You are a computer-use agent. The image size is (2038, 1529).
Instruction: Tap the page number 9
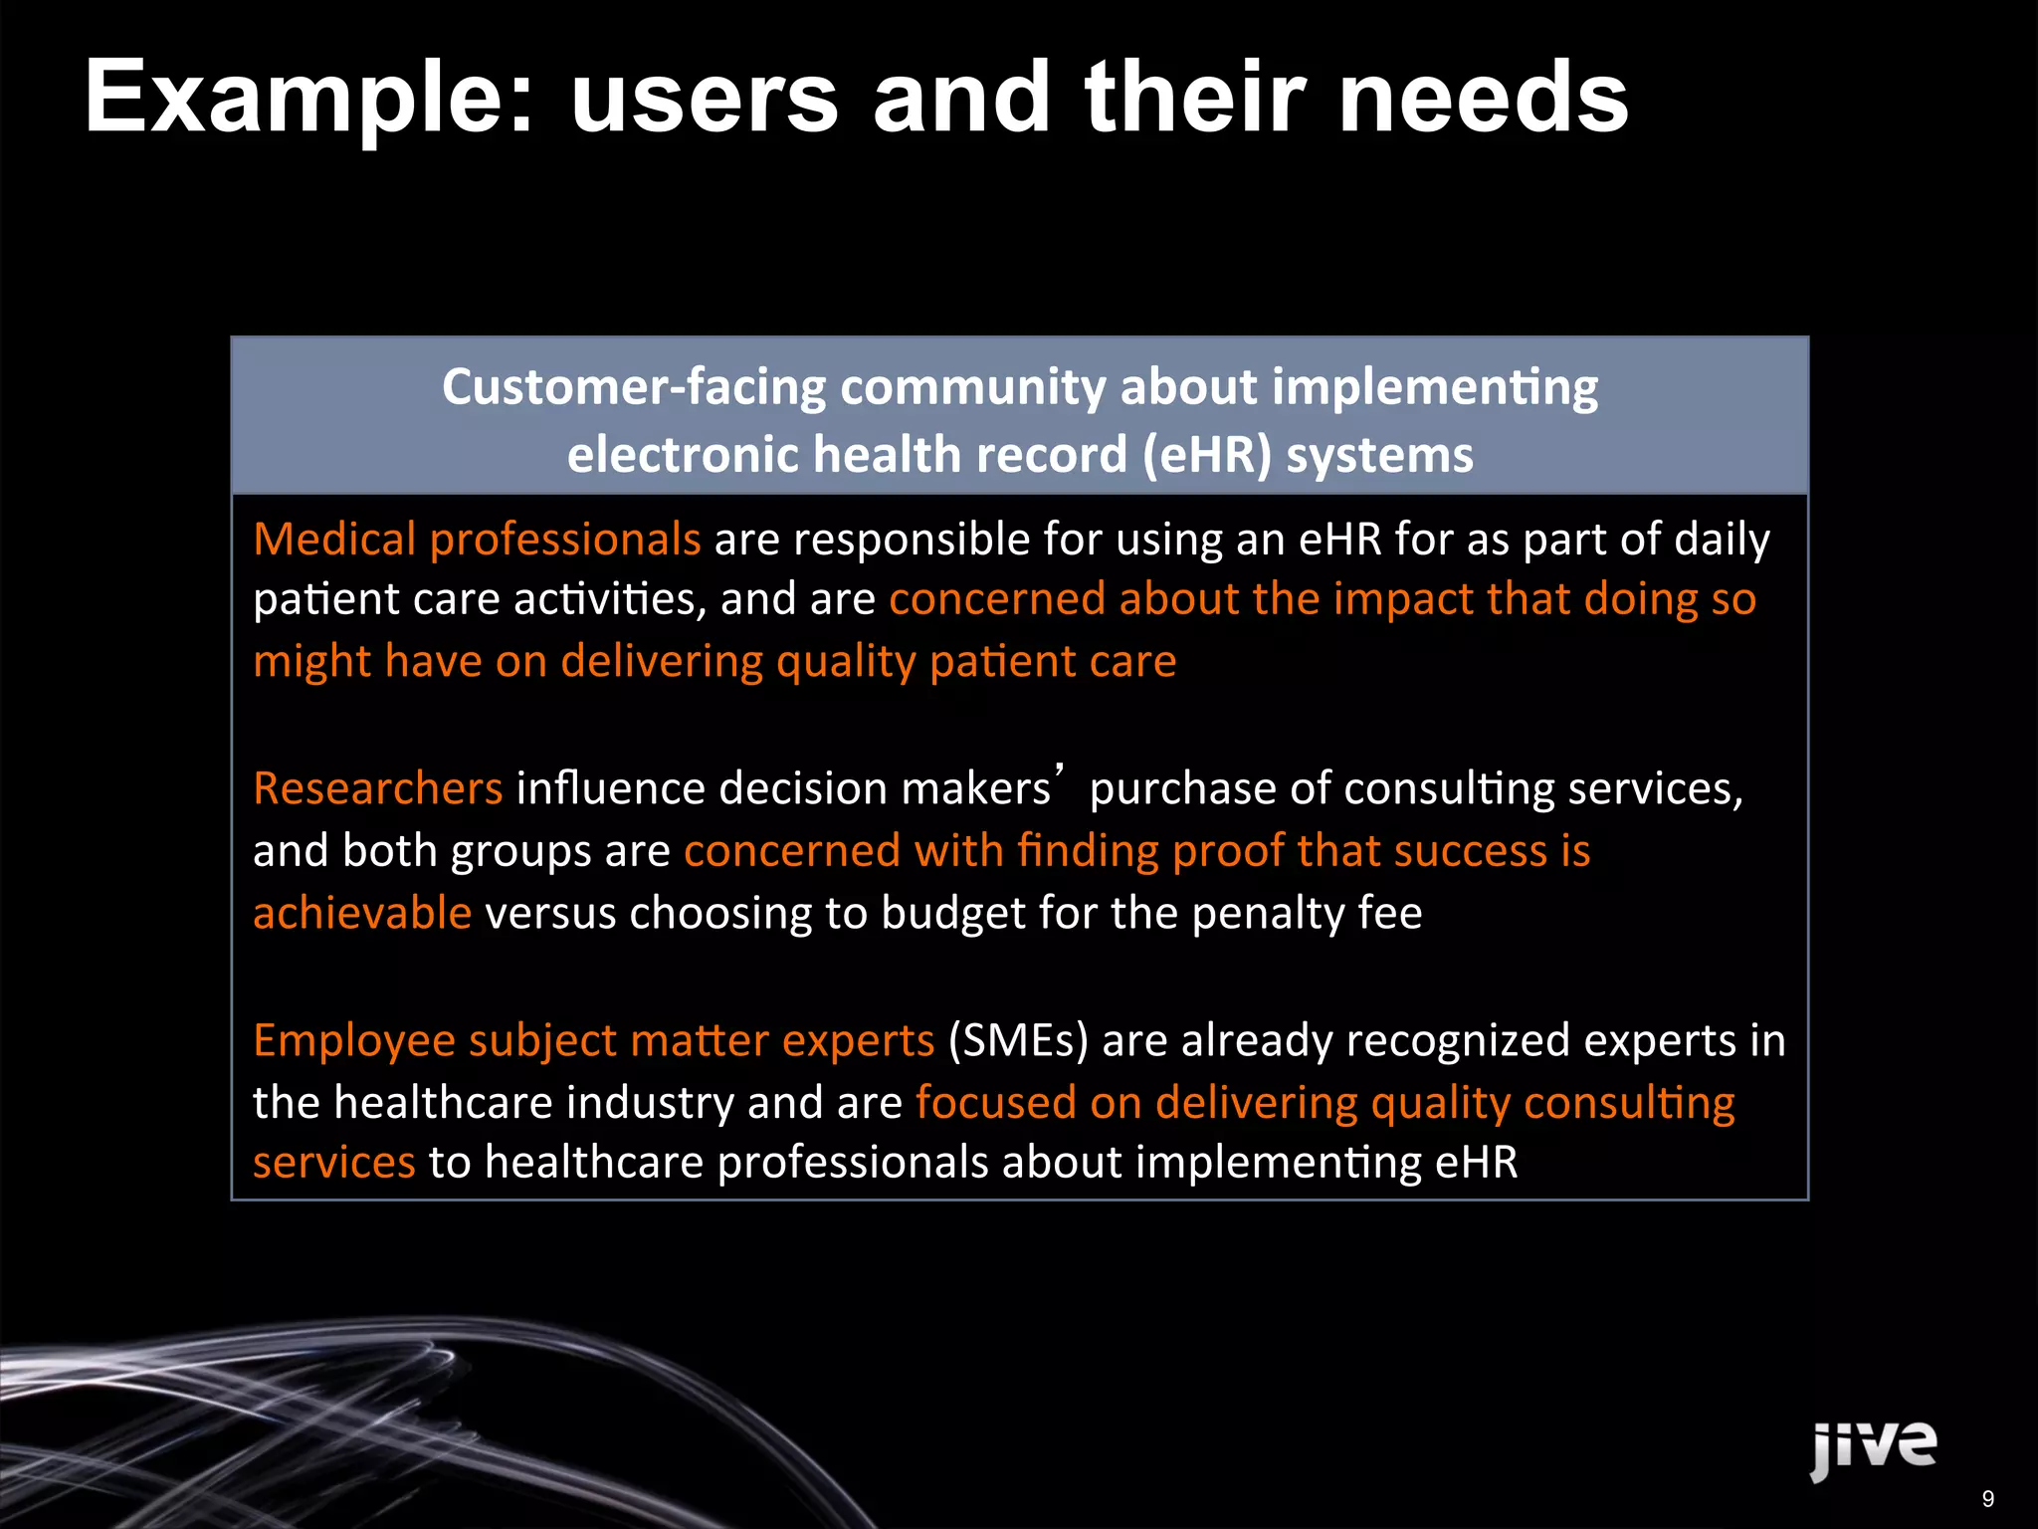click(x=1987, y=1499)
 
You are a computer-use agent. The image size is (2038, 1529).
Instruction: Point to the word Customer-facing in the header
click(x=634, y=387)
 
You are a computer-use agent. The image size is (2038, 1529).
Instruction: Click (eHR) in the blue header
click(x=1206, y=455)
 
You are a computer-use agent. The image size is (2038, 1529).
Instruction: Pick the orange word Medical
click(x=334, y=540)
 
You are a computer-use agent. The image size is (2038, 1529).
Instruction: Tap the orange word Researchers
click(x=378, y=788)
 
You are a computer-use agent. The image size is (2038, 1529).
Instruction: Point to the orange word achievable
click(x=362, y=913)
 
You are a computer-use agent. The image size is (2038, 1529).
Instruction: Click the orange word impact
click(x=1403, y=600)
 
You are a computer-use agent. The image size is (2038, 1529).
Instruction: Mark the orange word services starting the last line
click(x=333, y=1163)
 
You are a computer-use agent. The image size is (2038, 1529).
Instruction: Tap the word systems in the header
click(x=1379, y=455)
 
